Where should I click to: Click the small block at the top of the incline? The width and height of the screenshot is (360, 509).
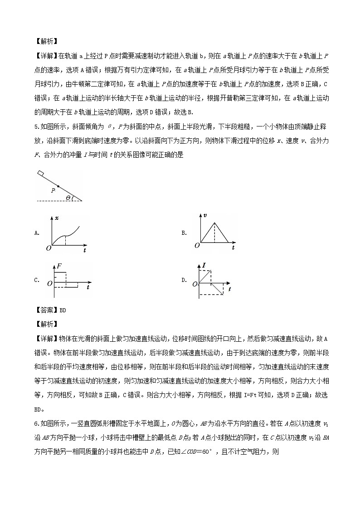point(41,173)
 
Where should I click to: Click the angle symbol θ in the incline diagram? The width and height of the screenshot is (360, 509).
point(68,198)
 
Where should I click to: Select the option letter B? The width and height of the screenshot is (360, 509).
point(184,233)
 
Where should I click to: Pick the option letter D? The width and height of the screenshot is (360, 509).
point(184,280)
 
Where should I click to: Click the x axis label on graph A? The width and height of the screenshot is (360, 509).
point(57,218)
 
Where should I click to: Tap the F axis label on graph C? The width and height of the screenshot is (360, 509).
point(58,267)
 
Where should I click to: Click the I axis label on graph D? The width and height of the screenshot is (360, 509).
point(204,264)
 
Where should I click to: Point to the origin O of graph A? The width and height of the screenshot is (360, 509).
point(48,248)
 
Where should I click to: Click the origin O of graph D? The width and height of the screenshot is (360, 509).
point(195,284)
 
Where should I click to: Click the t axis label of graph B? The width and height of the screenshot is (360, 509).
point(233,248)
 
